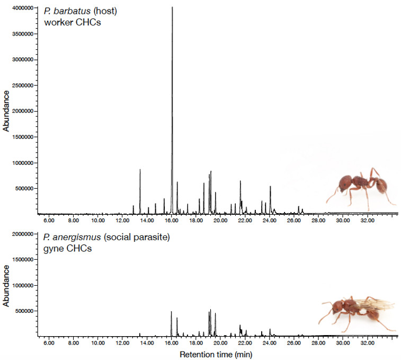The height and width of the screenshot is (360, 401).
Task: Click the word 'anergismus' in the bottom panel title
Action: [x=76, y=238]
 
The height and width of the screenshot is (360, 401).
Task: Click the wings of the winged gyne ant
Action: [x=374, y=305]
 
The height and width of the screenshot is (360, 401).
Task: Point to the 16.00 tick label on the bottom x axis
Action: [x=171, y=342]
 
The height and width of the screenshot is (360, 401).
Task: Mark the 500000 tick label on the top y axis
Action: [x=23, y=188]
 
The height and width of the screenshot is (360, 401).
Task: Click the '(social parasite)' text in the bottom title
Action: [x=139, y=238]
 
